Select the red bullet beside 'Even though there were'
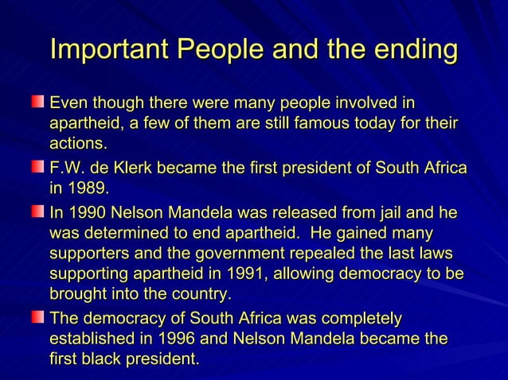coord(37,103)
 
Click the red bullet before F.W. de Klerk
coord(37,169)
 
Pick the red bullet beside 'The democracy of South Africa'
coord(37,319)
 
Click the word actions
coord(78,145)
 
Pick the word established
coord(92,339)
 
